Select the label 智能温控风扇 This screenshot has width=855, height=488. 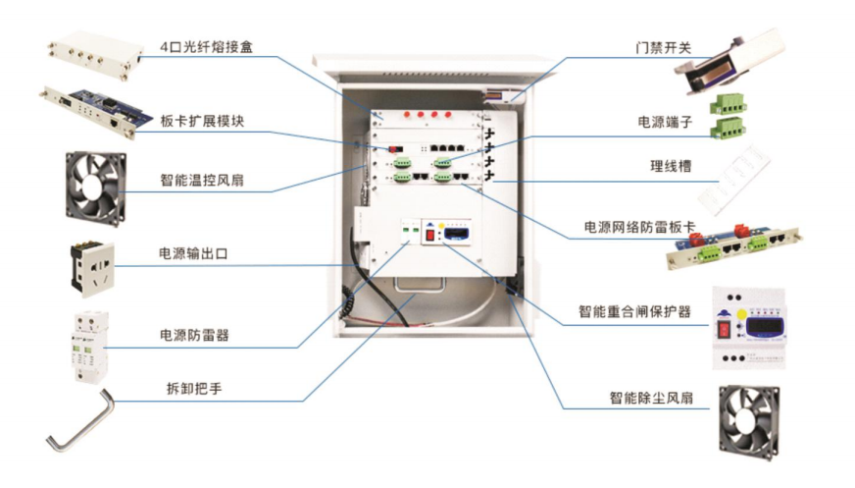click(x=203, y=181)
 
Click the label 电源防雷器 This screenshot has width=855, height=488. click(x=200, y=336)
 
